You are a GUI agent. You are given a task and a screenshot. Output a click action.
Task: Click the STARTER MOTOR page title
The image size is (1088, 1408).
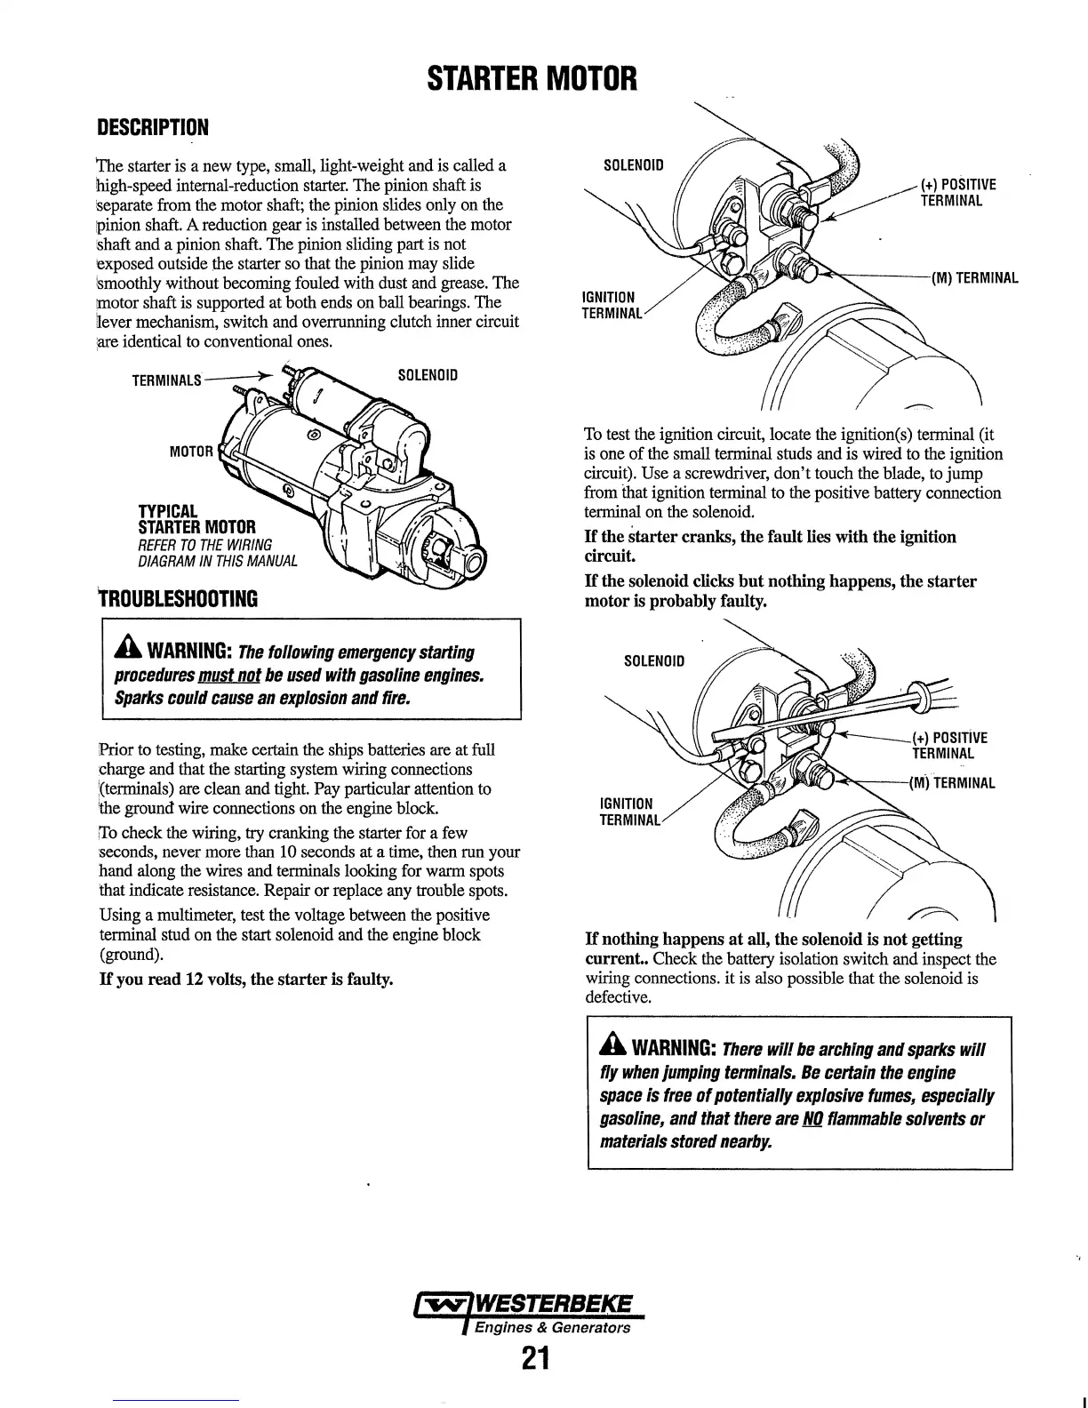(x=532, y=78)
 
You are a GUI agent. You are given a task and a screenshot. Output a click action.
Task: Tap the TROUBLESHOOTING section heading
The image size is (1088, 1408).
(x=178, y=598)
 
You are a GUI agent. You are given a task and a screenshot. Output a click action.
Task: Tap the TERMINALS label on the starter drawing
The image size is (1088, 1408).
(x=168, y=381)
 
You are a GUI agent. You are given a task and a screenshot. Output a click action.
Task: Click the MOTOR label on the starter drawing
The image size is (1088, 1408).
(x=191, y=451)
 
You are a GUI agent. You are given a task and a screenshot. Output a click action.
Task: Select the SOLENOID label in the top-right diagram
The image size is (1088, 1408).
(x=633, y=165)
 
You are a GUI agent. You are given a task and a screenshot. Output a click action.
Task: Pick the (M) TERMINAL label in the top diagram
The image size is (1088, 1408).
(x=974, y=278)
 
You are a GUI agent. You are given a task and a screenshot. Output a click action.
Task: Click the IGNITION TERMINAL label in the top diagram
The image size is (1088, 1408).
(x=609, y=305)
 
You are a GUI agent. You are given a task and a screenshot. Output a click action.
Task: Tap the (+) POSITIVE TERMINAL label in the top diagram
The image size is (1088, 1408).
(x=958, y=192)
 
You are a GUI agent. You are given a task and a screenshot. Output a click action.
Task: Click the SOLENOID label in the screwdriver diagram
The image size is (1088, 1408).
(x=654, y=661)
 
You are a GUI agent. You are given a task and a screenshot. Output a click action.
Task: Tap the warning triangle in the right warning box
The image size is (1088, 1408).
(x=614, y=1048)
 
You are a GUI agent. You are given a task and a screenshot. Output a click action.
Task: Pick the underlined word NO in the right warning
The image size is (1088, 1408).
(x=811, y=1118)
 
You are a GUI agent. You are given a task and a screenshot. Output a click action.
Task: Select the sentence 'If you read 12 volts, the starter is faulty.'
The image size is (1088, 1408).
(x=246, y=980)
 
